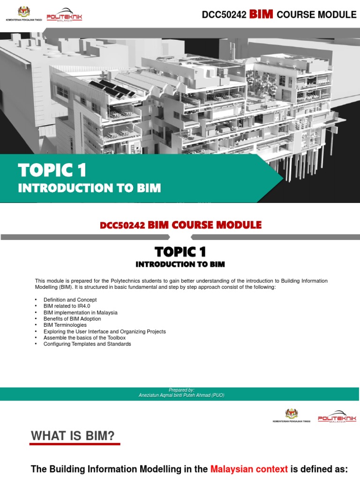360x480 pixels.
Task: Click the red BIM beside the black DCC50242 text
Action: point(262,14)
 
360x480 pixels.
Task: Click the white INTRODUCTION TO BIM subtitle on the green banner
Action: point(89,188)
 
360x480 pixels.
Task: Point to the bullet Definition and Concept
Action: point(70,300)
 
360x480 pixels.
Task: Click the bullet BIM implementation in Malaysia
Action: point(80,312)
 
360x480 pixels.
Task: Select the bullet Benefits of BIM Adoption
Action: point(72,319)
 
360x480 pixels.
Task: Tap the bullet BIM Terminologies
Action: point(65,325)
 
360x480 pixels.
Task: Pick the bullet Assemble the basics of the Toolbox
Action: point(84,337)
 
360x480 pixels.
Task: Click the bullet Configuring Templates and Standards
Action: point(87,344)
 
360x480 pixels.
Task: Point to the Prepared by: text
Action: point(181,390)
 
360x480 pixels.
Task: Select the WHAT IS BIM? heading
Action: point(73,436)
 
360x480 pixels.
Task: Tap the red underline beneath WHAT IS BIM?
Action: point(75,444)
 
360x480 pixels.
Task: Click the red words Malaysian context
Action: point(249,469)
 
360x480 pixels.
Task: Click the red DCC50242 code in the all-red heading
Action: point(123,225)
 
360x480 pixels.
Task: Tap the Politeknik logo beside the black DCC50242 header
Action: point(64,16)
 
